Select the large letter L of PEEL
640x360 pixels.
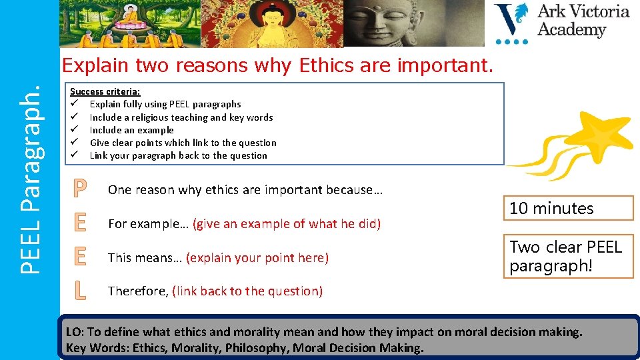[79, 290]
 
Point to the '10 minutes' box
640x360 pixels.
[567, 208]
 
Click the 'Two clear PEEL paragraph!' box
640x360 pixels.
[567, 256]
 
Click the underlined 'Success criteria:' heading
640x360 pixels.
[105, 91]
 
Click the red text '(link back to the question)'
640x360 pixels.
[247, 291]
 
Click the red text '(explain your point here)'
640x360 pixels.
[257, 257]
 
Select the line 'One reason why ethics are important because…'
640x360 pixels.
[245, 190]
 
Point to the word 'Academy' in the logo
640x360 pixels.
[571, 30]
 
